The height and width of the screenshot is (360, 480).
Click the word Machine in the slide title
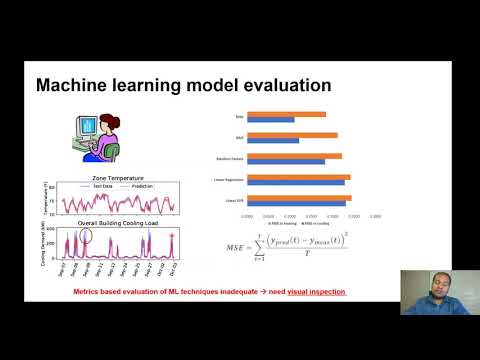pos(71,86)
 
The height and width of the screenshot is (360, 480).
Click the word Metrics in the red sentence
pos(91,292)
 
